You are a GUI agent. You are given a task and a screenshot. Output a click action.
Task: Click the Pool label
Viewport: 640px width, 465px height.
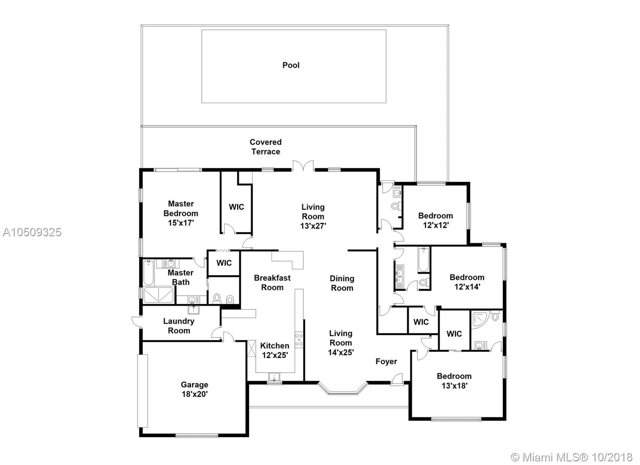point(291,65)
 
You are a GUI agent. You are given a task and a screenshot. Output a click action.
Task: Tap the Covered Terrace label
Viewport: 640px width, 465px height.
point(266,147)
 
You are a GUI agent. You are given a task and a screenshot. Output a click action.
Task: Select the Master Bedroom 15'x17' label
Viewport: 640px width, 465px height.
point(181,213)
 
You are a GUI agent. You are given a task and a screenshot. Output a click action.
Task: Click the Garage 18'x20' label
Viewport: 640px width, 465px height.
point(194,389)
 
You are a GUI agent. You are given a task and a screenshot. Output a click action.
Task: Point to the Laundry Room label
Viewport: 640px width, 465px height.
point(179,326)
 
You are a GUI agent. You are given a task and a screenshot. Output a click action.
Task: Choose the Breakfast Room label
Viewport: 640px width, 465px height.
point(272,283)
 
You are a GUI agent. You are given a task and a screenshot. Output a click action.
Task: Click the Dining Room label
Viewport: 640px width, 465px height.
point(342,283)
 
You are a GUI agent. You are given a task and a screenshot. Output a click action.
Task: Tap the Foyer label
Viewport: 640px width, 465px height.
point(386,361)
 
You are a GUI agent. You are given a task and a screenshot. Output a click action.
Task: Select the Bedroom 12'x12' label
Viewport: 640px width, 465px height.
point(436,220)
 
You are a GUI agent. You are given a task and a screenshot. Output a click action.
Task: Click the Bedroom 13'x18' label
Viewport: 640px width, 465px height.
point(454,381)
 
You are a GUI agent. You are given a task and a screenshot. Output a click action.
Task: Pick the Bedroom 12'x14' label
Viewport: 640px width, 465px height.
point(467,282)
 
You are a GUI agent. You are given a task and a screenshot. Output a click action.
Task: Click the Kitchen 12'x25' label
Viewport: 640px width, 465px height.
point(275,350)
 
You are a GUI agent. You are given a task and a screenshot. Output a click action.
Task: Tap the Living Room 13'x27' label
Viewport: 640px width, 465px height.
point(313,216)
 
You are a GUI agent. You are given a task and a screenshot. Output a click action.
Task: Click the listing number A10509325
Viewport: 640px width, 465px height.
point(32,232)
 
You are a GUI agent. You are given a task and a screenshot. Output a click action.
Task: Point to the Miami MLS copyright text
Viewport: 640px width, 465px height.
point(572,457)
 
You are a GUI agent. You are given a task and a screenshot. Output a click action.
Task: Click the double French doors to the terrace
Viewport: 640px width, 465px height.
point(303,166)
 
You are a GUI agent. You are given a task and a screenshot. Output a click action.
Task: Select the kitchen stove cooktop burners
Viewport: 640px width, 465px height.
point(299,339)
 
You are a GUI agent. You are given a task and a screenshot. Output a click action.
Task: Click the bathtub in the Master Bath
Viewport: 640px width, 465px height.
point(148,273)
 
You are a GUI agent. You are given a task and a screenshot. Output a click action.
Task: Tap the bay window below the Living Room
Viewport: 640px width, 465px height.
point(342,388)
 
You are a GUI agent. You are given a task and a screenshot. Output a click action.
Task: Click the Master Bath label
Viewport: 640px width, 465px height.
point(180,277)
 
